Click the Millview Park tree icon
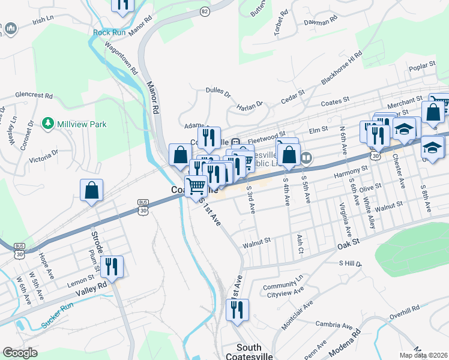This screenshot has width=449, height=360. pyautogui.click(x=48, y=124)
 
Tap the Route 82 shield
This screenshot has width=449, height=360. pyautogui.click(x=205, y=11)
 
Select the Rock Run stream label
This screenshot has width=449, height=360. pyautogui.click(x=109, y=32)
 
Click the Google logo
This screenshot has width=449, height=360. pyautogui.click(x=20, y=353)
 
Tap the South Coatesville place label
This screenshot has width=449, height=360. pyautogui.click(x=249, y=352)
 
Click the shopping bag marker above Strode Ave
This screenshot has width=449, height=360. pyautogui.click(x=91, y=190)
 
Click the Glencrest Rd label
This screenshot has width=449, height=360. pyautogui.click(x=34, y=95)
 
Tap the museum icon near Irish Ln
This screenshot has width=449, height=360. pyautogui.click(x=10, y=28)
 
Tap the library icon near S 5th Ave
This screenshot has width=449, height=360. pyautogui.click(x=307, y=158)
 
